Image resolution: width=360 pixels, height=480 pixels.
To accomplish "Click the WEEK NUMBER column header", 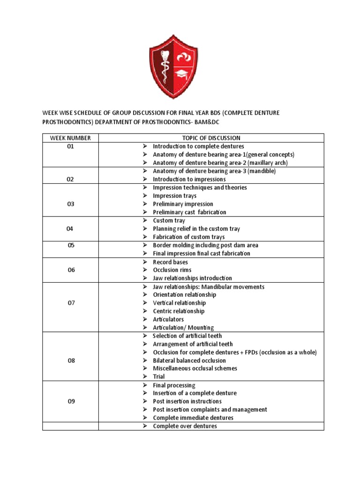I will point(70,138).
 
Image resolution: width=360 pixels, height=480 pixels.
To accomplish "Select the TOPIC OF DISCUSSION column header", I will point(211,138).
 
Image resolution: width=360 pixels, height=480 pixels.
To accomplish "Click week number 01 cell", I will point(70,146).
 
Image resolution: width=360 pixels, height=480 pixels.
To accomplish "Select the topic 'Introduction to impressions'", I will point(189,179).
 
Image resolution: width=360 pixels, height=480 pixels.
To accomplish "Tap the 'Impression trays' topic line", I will point(174,195).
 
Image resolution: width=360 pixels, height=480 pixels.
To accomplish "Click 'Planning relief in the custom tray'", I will point(196,229).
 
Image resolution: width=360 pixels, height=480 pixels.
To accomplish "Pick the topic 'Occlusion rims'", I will point(172,270).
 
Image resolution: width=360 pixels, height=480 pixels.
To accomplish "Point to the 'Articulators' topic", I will point(168,319).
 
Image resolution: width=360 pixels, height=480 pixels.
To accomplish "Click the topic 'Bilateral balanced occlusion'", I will point(189,360).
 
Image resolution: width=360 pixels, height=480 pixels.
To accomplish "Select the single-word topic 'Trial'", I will point(159,376).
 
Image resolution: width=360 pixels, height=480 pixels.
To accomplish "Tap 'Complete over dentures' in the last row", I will point(185,426).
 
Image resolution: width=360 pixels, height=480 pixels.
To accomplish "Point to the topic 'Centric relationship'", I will point(179,311).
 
